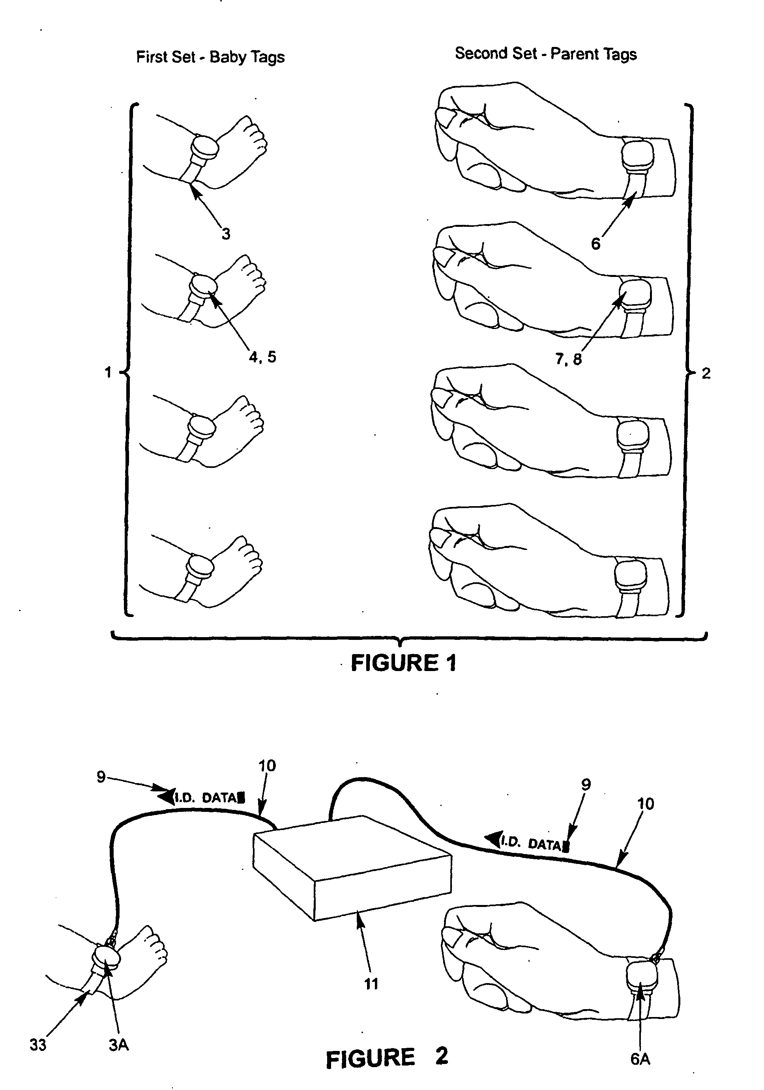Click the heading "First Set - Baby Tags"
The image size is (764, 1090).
[210, 57]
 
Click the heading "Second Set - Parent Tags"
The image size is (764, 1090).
[546, 54]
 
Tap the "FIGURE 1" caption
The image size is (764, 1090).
[404, 663]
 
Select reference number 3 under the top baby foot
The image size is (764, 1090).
[226, 234]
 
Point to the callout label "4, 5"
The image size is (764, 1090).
[262, 357]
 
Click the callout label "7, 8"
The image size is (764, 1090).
[568, 359]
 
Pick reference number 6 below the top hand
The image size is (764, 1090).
[595, 243]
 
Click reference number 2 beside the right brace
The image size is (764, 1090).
[706, 374]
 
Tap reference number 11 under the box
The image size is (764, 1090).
[371, 984]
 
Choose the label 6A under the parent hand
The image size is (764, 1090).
[640, 1059]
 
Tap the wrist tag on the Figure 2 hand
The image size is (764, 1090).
[642, 978]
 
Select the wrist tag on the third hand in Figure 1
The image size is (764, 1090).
[633, 436]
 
